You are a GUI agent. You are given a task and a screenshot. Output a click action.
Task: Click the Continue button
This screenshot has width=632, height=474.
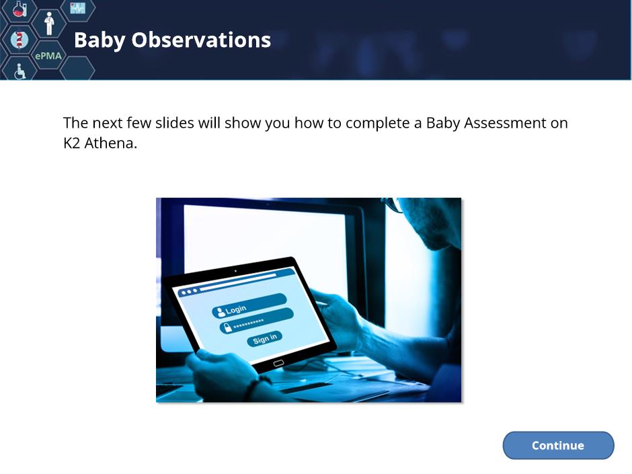(x=558, y=445)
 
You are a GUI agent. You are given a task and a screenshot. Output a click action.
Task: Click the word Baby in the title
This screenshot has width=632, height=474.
(x=100, y=40)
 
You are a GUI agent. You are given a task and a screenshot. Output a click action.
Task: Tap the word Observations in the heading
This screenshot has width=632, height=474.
(x=201, y=40)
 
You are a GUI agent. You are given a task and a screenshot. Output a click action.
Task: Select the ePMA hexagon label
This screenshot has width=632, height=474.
(x=48, y=56)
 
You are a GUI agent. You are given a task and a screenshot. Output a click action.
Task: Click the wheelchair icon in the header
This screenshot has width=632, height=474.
(x=19, y=71)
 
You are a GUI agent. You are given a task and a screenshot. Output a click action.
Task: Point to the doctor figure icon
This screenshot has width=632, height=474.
(x=49, y=24)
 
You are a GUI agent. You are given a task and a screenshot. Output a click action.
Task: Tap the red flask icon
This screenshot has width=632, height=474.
(x=19, y=9)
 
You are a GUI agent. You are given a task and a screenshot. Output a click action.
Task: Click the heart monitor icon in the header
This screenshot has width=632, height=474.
(x=77, y=7)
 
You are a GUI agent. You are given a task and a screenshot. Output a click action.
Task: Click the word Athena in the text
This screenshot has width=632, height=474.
(x=110, y=143)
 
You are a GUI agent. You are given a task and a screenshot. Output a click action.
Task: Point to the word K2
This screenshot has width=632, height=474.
(x=72, y=143)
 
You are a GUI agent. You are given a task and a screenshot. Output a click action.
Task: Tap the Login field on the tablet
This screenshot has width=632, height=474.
(x=249, y=305)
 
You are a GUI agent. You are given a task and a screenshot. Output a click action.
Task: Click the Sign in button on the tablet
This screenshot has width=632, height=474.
(x=264, y=338)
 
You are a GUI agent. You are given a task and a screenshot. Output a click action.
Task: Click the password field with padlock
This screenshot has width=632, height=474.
(x=256, y=321)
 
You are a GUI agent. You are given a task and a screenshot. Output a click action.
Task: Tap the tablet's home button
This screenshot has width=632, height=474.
(x=278, y=364)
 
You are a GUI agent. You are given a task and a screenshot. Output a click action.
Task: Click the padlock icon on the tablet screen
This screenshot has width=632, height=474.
(x=227, y=327)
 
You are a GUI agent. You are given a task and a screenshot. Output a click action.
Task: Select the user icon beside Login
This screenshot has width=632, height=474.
(x=221, y=311)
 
